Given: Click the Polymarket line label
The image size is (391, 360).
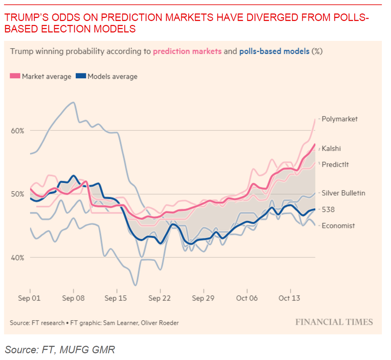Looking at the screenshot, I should click(x=339, y=119).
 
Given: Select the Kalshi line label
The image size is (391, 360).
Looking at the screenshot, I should click(x=331, y=148).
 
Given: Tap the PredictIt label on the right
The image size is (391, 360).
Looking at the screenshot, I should click(x=335, y=164).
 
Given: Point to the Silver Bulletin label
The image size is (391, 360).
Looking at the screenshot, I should click(x=343, y=193).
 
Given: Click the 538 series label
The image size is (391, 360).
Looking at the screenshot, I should click(x=328, y=209).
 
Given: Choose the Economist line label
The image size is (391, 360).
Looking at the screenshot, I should click(x=338, y=225).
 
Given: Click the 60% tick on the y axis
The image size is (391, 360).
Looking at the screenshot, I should click(x=17, y=130).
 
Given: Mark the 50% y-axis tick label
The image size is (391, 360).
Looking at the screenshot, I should click(x=17, y=194).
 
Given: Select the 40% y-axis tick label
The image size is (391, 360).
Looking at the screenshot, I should click(x=17, y=257).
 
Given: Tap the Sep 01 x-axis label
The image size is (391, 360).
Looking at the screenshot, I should click(x=29, y=298).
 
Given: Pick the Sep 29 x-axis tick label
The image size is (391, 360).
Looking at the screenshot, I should click(x=203, y=298).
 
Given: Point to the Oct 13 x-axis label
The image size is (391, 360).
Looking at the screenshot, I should click(x=290, y=298).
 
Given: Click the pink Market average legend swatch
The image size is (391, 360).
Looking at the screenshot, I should click(x=15, y=76).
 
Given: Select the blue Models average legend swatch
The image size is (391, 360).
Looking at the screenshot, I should click(x=81, y=76).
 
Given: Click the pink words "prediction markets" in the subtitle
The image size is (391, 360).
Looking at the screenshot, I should click(x=187, y=51).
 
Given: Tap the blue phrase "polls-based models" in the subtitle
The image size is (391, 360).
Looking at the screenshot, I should click(x=274, y=51).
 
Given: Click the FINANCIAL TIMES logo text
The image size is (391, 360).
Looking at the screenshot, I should click(x=334, y=322).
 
